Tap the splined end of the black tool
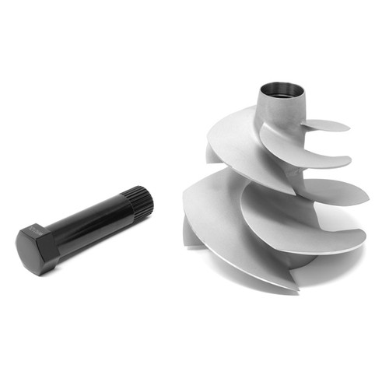point(142,201)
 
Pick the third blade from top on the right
point(335,190)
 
